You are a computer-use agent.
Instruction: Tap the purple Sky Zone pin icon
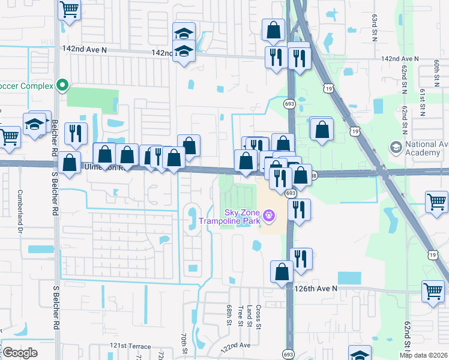click(x=269, y=214)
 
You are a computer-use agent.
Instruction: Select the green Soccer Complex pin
click(x=61, y=86)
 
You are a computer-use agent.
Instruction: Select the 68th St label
click(x=229, y=316)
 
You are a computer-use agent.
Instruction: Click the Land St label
click(x=249, y=316)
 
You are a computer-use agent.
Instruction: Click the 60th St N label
click(x=436, y=72)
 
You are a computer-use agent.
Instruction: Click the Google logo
click(x=20, y=352)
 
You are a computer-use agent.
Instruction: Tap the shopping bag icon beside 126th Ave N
click(x=282, y=272)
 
